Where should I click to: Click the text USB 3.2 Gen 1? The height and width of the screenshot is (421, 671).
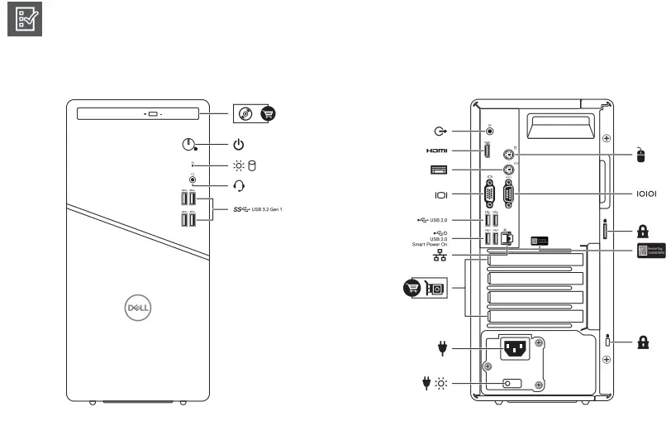tap(267, 209)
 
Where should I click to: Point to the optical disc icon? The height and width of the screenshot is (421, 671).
tap(245, 114)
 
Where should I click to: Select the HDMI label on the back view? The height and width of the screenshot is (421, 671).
tap(437, 151)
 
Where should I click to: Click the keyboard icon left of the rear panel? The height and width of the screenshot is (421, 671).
tap(439, 170)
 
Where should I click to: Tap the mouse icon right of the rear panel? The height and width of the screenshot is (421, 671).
tap(640, 155)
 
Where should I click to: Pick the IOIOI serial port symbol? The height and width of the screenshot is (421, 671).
tap(645, 194)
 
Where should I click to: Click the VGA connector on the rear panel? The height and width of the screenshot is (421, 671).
tap(490, 195)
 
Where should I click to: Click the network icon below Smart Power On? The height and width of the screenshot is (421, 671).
tap(440, 256)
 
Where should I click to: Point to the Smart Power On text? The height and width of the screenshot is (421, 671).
tap(430, 245)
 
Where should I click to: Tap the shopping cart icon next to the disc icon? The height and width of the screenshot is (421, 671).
tap(269, 114)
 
